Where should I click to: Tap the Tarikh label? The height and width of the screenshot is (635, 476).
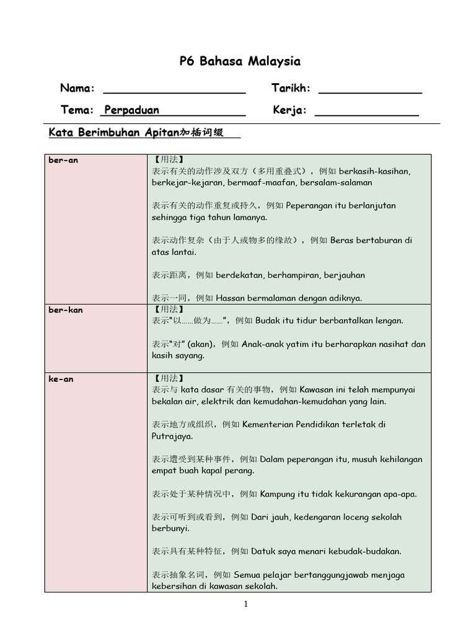tap(291, 89)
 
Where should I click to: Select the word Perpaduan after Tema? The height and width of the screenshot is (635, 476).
tap(131, 110)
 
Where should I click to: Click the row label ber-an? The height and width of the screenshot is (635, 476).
tap(63, 160)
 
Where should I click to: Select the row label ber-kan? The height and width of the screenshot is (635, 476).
tap(65, 309)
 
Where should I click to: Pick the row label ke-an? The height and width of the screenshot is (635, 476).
tap(61, 379)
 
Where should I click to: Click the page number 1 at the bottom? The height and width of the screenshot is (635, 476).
tap(246, 605)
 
